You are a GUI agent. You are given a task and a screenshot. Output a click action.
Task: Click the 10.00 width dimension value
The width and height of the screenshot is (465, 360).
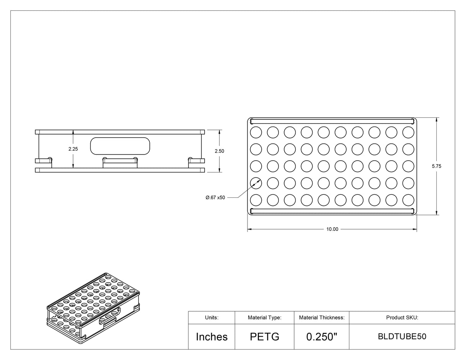[x=332, y=229]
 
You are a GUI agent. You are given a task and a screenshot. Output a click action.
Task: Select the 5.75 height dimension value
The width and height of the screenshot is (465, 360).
[x=436, y=166]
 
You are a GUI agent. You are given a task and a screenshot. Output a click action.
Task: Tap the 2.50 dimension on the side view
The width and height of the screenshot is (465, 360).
[x=219, y=151]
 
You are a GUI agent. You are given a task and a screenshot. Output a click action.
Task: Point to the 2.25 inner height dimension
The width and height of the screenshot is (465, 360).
[x=73, y=149]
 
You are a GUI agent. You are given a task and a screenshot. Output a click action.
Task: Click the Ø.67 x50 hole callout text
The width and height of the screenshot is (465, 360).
[x=215, y=197]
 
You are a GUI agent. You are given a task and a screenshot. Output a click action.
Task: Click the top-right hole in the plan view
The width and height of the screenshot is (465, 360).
[x=408, y=132]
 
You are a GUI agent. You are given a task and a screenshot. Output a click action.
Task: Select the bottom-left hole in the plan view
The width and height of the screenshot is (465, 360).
[x=256, y=200]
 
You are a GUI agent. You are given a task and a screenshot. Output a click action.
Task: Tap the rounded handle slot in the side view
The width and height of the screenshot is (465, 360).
[x=120, y=146]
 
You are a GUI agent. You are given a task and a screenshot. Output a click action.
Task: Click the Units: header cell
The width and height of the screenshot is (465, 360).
[x=211, y=317]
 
